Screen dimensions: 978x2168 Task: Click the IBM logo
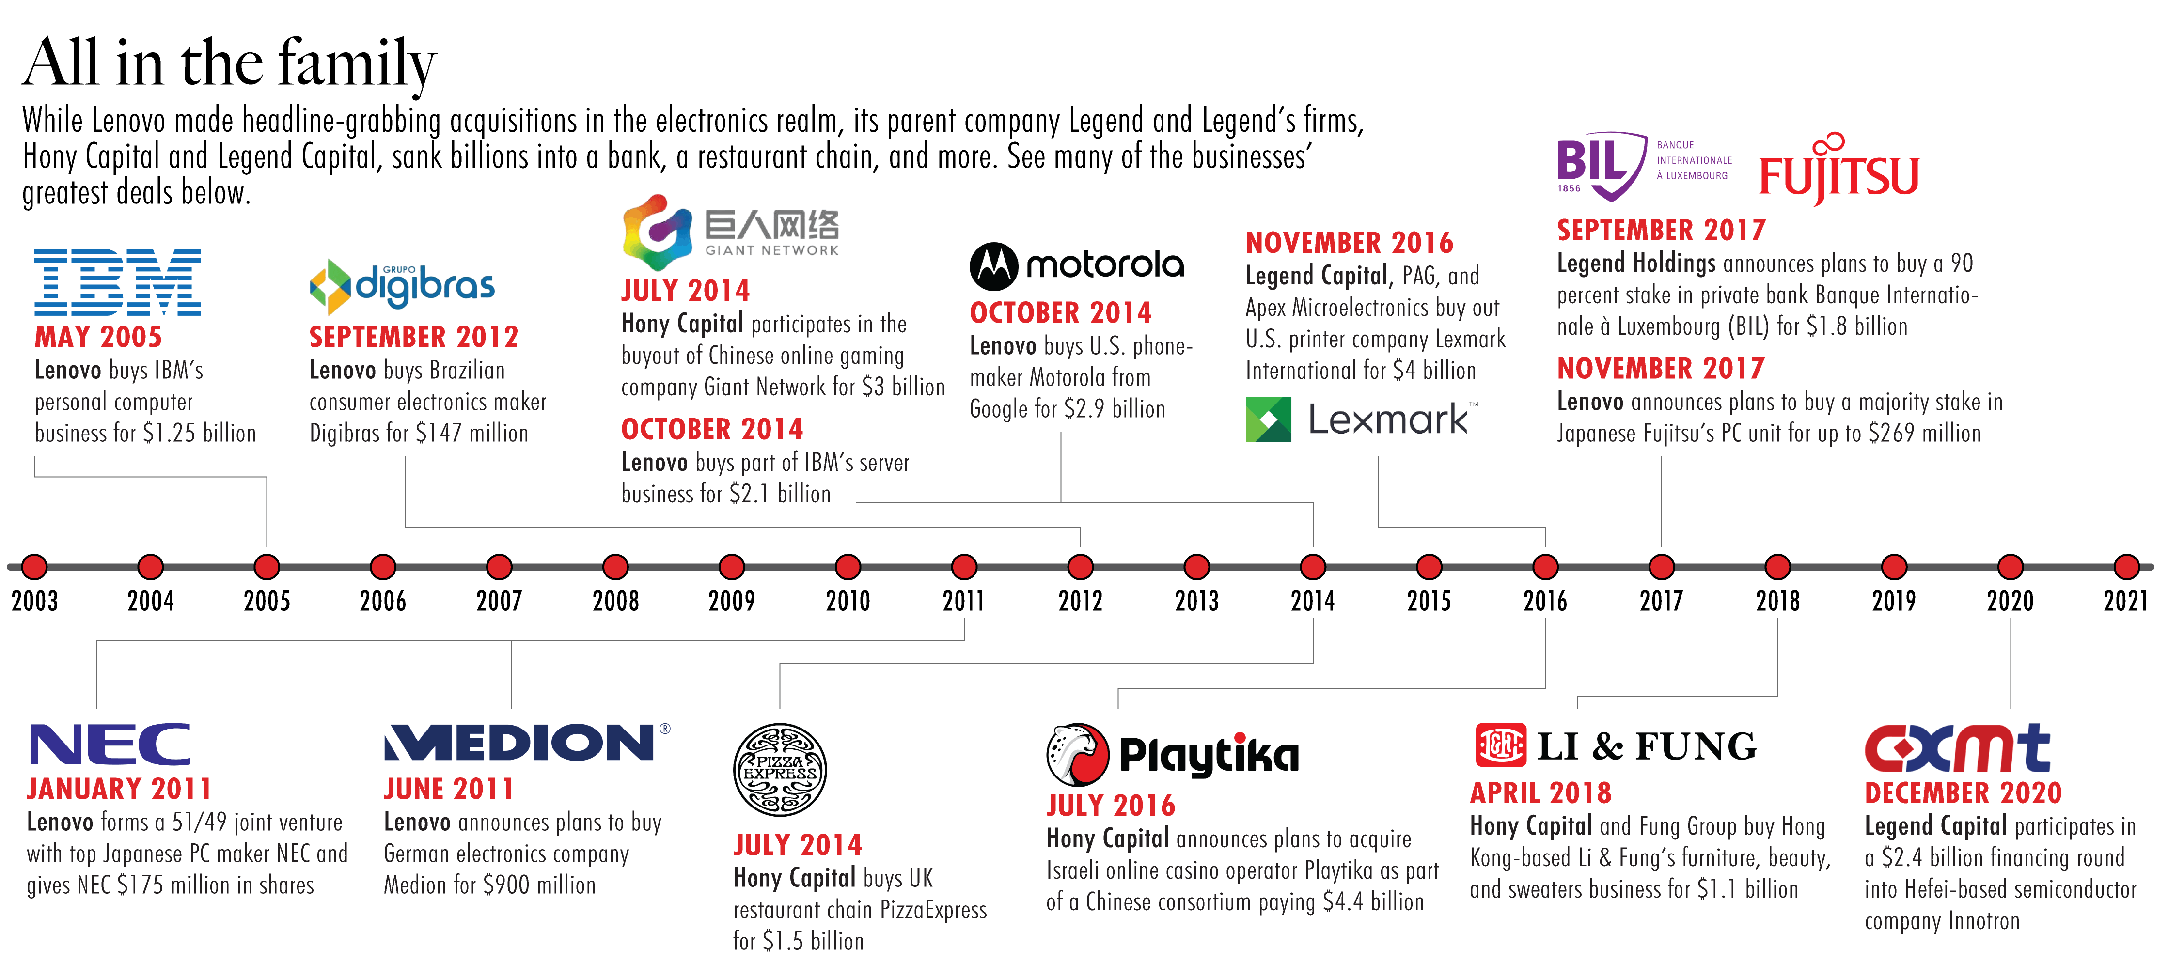[118, 282]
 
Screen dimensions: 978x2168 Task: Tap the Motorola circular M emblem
[994, 266]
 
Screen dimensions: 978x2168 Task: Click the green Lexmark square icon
[1268, 419]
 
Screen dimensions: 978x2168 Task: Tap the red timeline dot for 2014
[1313, 566]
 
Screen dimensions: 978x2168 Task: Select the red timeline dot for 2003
[34, 566]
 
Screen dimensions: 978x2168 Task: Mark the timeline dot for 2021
[2126, 566]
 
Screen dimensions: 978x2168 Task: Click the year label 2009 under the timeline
[731, 601]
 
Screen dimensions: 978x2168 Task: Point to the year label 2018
[1777, 601]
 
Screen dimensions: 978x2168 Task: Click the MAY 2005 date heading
[98, 337]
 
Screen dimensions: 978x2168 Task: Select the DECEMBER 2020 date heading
[1964, 793]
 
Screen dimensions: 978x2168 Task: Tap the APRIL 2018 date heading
[1540, 793]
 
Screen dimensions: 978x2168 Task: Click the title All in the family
[229, 62]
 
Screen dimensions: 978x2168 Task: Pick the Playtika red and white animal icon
[1077, 753]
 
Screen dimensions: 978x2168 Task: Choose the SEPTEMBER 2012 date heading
[413, 337]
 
